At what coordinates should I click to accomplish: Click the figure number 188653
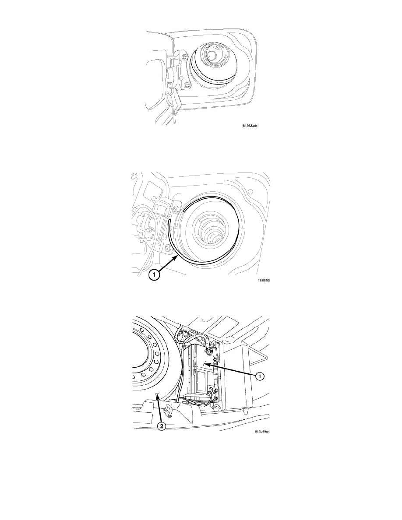pos(264,280)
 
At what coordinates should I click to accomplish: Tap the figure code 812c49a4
pos(261,432)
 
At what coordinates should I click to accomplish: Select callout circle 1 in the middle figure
pos(154,274)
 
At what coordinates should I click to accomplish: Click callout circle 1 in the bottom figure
pos(260,376)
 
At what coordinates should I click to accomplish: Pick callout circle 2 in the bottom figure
pos(162,426)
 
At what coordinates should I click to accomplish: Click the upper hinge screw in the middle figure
pos(174,209)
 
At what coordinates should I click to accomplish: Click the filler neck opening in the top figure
pos(213,53)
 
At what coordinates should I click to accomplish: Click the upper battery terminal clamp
pos(210,348)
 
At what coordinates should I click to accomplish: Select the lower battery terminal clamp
pos(212,392)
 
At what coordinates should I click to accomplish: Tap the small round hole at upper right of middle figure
pos(251,191)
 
